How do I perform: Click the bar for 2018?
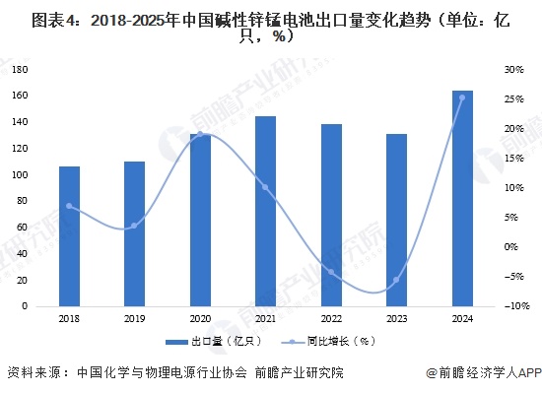coord(69,236)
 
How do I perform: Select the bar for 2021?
coord(265,211)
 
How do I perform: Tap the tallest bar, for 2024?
coord(461,198)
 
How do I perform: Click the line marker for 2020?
coord(200,134)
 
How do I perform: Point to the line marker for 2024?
coord(461,98)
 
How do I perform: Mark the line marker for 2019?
coord(134,226)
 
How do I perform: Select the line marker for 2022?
coord(330,272)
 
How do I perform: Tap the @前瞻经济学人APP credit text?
coord(484,372)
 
